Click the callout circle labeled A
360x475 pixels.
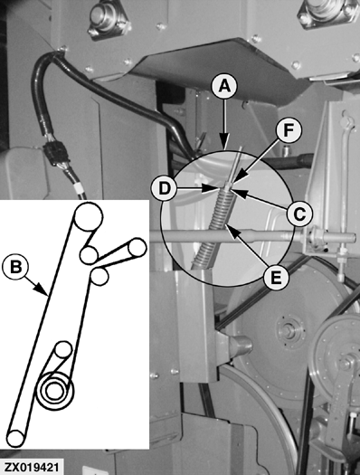tap(224, 86)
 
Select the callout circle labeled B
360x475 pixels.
tap(15, 268)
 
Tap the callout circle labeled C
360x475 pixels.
tap(299, 214)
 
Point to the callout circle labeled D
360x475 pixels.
tap(164, 189)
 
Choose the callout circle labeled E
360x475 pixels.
tap(276, 277)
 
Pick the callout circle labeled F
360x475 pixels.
tap(289, 130)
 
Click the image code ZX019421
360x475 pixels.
tap(32, 467)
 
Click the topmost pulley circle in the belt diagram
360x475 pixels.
tap(88, 217)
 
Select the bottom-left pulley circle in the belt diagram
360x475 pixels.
tap(15, 438)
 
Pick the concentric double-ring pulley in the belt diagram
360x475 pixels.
tap(55, 391)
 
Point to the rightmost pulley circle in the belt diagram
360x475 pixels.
tap(137, 248)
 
